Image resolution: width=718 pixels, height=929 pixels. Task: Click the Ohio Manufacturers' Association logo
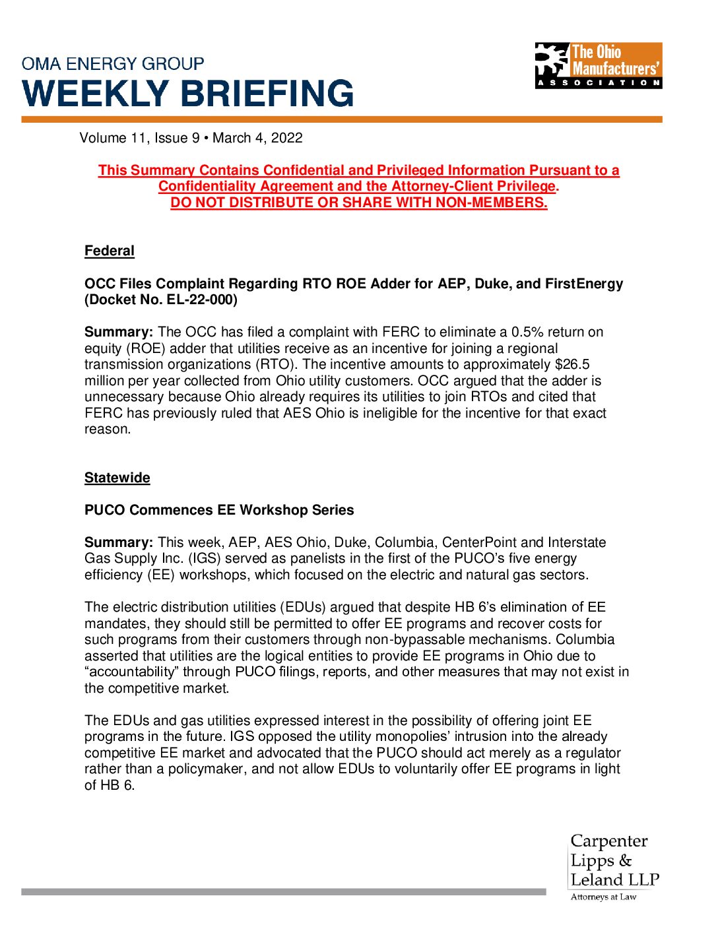pyautogui.click(x=598, y=65)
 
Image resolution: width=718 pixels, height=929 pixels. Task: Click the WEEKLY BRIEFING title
pyautogui.click(x=189, y=94)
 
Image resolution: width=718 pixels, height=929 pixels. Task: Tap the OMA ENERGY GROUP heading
pyautogui.click(x=113, y=64)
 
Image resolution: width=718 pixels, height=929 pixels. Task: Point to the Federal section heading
pyautogui.click(x=110, y=251)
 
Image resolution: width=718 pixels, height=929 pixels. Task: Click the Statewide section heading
pyautogui.click(x=117, y=478)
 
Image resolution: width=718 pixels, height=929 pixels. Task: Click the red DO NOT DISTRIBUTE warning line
pyautogui.click(x=359, y=203)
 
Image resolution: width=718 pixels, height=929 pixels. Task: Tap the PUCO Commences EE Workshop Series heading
pyautogui.click(x=219, y=510)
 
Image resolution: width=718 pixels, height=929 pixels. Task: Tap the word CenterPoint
pyautogui.click(x=479, y=542)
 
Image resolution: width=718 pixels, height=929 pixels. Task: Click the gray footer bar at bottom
pyautogui.click(x=284, y=891)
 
